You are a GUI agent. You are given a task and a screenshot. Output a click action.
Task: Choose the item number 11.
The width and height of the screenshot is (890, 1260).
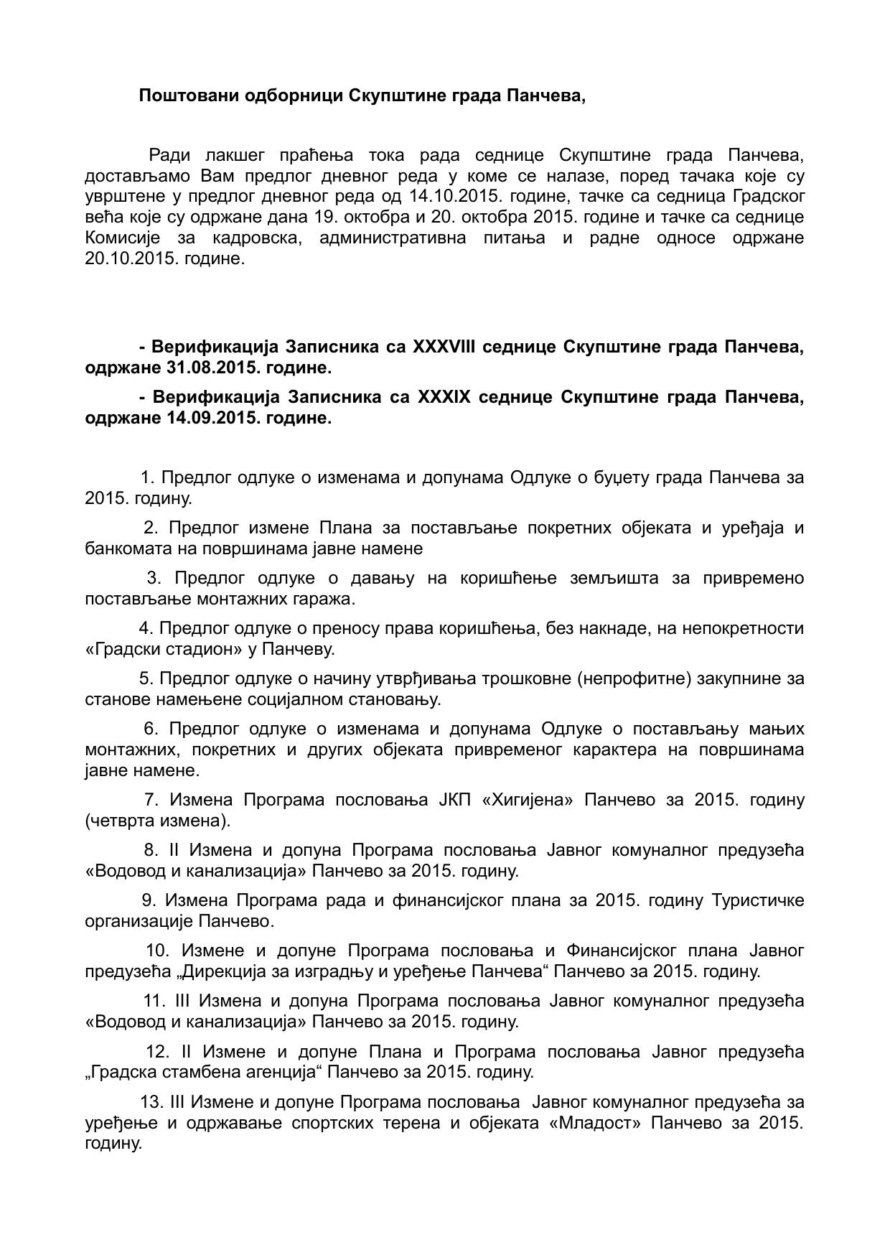154,1001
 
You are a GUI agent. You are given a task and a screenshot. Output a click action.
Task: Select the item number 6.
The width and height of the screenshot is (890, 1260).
151,729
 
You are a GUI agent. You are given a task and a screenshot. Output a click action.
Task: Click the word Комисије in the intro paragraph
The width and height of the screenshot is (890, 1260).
123,238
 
